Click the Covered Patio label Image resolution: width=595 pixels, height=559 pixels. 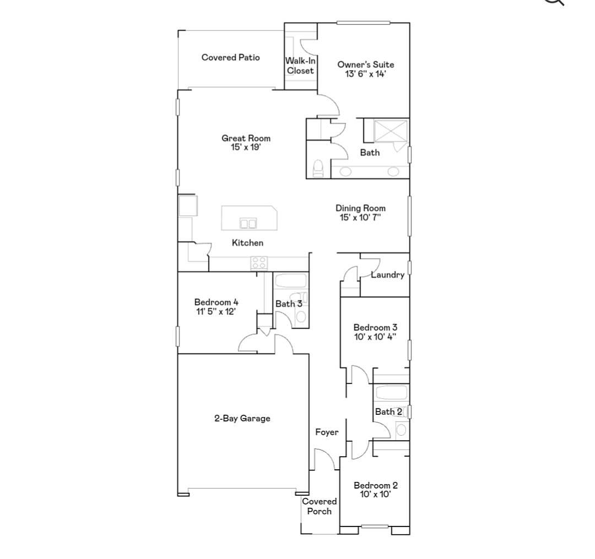230,58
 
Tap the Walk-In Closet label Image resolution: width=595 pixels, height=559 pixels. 300,65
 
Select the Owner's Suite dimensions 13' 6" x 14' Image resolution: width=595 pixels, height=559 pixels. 365,74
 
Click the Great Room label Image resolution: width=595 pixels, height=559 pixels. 246,138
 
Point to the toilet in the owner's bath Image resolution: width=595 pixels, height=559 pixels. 318,168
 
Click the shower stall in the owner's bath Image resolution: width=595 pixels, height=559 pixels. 391,131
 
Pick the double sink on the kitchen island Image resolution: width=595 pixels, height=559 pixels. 248,223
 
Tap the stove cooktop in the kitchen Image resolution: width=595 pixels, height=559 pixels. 259,262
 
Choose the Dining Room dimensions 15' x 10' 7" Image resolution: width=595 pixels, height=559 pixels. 360,217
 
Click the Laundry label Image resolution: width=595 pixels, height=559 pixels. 387,275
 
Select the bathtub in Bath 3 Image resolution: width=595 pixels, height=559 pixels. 291,281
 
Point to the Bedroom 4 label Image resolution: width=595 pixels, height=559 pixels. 217,302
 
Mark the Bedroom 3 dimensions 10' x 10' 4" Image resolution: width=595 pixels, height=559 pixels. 375,337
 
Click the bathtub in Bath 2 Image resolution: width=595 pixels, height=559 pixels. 391,393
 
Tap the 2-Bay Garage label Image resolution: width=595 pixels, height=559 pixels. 242,418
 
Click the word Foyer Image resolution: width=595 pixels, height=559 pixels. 327,432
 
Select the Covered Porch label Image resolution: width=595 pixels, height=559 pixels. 319,506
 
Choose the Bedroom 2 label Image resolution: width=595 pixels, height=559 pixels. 376,485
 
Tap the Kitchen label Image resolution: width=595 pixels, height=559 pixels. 247,243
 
